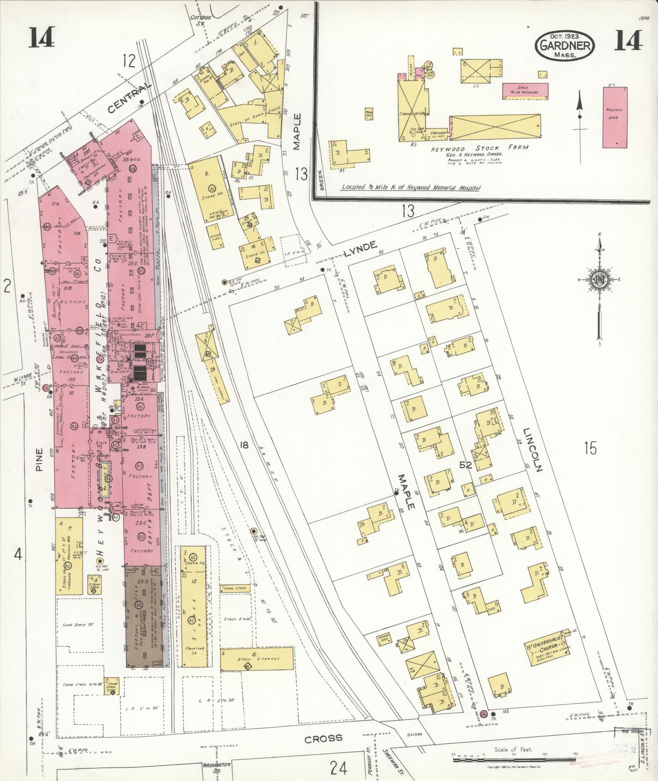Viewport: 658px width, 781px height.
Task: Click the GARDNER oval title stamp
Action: point(565,45)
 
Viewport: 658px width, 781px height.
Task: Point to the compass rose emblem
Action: point(600,280)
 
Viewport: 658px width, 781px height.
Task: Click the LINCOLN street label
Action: point(533,450)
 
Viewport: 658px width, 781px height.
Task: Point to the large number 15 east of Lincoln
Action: point(590,448)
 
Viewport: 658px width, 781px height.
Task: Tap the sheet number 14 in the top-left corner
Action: point(41,39)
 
